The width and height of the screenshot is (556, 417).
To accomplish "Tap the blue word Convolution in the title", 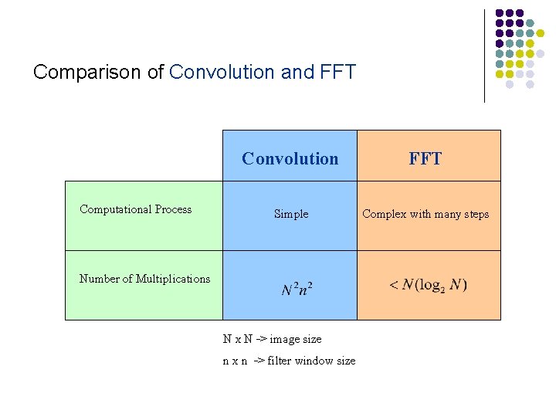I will pyautogui.click(x=222, y=73).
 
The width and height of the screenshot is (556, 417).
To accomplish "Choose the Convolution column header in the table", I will pyautogui.click(x=290, y=159).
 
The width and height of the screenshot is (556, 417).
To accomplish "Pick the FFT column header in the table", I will pyautogui.click(x=425, y=159).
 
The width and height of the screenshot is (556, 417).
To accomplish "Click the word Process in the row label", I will pyautogui.click(x=173, y=209).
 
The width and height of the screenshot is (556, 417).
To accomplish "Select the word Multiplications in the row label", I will pyautogui.click(x=173, y=279).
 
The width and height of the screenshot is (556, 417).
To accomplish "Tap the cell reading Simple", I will pyautogui.click(x=291, y=214).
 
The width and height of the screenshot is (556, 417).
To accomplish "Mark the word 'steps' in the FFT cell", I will pyautogui.click(x=474, y=214).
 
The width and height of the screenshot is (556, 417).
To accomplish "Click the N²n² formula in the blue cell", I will pyautogui.click(x=297, y=290).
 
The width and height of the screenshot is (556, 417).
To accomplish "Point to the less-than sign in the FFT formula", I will pyautogui.click(x=394, y=285).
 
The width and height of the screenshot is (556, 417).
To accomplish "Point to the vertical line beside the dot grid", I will pyautogui.click(x=484, y=56).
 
